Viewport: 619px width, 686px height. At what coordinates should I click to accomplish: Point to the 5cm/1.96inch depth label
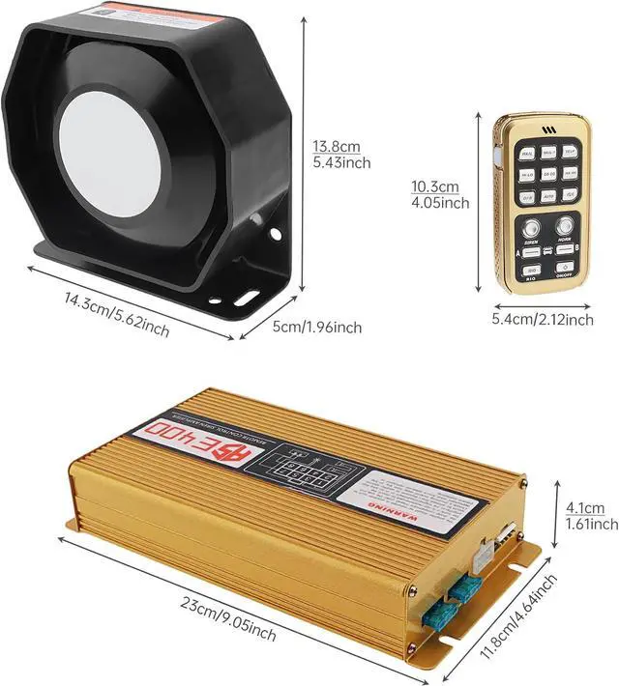316,328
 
